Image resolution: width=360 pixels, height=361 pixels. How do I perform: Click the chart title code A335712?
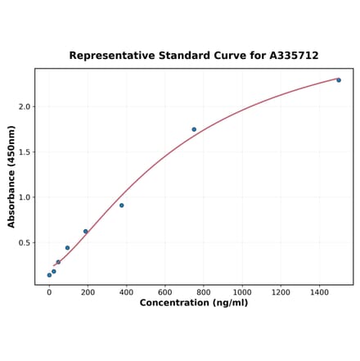click(291, 56)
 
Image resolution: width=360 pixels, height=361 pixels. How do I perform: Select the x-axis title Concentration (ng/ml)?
click(193, 303)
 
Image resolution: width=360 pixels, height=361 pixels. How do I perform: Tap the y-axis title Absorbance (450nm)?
click(11, 177)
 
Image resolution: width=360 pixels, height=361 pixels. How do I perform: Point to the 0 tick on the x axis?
click(49, 291)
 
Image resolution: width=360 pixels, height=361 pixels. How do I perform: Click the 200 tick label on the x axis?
click(88, 291)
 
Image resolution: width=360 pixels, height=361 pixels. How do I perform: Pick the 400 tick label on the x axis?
click(126, 291)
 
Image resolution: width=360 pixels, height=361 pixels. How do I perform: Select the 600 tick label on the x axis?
click(164, 291)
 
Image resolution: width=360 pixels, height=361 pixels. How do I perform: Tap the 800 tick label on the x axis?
click(204, 291)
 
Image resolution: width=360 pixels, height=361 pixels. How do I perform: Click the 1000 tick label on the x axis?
click(242, 291)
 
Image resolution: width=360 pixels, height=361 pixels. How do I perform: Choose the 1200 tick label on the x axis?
click(281, 291)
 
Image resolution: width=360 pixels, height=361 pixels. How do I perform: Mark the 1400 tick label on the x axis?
click(319, 291)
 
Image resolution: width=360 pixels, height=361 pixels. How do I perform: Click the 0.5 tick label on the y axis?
click(25, 243)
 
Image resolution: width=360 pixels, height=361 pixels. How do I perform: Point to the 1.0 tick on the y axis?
click(25, 197)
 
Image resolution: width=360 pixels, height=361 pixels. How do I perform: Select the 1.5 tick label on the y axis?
click(25, 152)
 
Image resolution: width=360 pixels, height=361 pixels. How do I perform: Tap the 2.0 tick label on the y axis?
click(25, 106)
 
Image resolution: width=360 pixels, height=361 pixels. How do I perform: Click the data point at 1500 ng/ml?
click(339, 80)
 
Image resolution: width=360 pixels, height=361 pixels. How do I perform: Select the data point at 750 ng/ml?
click(194, 129)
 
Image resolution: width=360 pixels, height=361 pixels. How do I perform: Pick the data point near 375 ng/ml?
click(122, 205)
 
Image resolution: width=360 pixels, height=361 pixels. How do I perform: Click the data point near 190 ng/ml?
click(85, 232)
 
